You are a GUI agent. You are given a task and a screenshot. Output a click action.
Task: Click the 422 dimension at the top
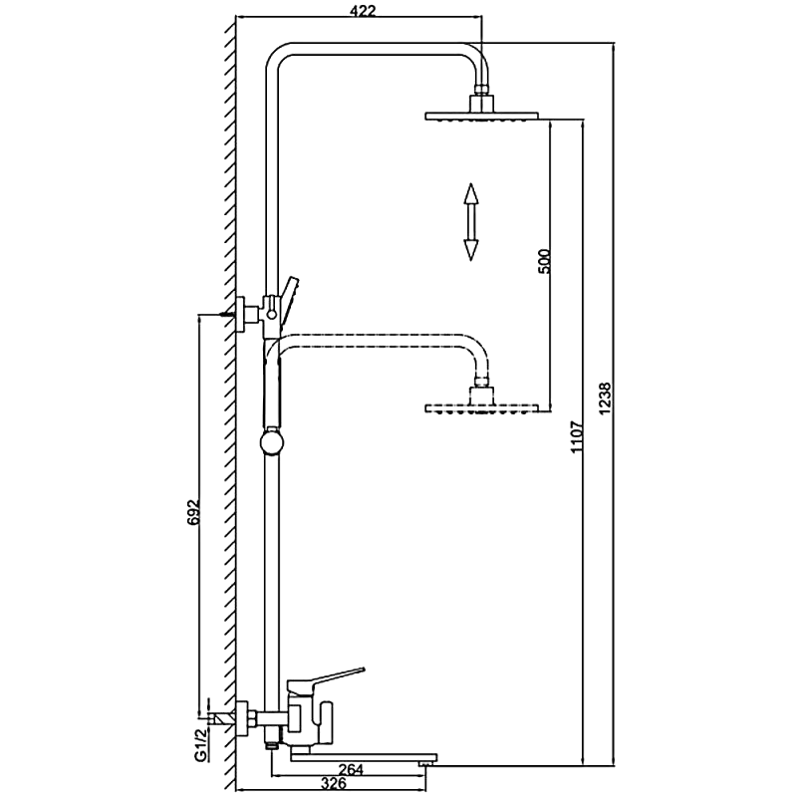(361, 11)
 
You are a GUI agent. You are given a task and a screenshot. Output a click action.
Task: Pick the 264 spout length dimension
(353, 767)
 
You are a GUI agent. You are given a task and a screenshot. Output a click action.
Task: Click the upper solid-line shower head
(482, 117)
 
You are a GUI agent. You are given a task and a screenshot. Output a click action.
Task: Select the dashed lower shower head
(482, 407)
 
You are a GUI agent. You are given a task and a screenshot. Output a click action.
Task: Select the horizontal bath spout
(359, 754)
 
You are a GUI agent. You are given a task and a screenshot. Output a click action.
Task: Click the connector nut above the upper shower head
(482, 97)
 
